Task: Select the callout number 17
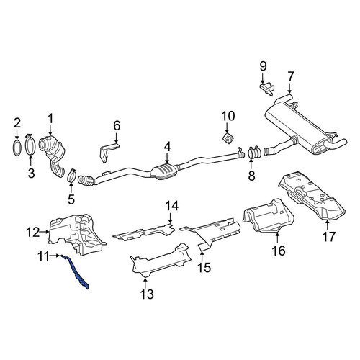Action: (328, 237)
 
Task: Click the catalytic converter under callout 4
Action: (164, 171)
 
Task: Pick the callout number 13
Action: (147, 294)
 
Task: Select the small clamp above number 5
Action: (71, 176)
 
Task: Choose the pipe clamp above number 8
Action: (254, 153)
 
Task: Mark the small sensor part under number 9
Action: (267, 89)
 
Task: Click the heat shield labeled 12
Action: (77, 234)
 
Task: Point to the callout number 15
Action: (204, 267)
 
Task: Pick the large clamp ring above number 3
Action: (30, 145)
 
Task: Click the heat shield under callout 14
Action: (144, 233)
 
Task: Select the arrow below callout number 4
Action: (167, 158)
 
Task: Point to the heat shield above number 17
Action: (312, 196)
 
